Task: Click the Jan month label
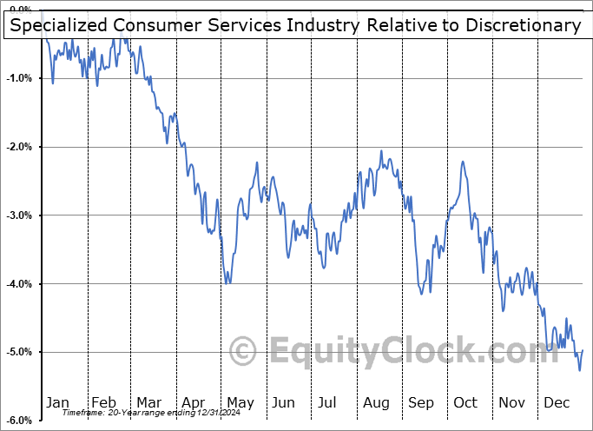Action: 57,402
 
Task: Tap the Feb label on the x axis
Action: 103,402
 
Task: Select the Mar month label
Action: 148,402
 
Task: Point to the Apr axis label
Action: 193,402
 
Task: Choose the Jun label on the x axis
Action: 283,402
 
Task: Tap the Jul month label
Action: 327,402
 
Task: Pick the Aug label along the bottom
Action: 375,402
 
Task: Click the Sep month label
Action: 420,402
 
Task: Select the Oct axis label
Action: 465,402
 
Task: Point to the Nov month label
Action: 511,402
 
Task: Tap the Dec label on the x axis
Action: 557,402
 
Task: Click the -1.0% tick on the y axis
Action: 19,78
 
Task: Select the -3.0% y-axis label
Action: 19,215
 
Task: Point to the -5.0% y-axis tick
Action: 19,352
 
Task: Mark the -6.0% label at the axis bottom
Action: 19,421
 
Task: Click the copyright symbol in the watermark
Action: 243,352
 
